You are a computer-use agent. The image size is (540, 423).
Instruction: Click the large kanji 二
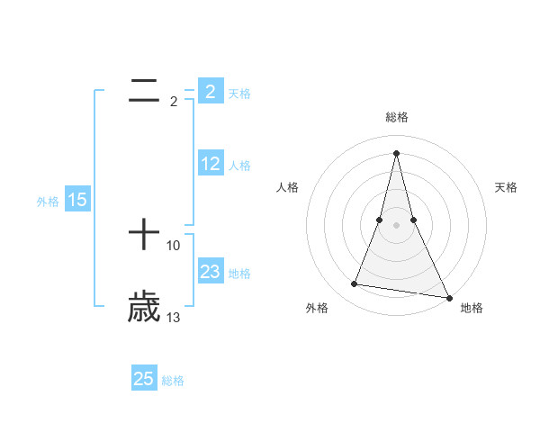pos(144,90)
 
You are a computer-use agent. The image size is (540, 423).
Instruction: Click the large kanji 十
pos(144,237)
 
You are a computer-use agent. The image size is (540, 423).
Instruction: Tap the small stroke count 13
pos(174,317)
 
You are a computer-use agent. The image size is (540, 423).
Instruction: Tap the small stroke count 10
pos(174,245)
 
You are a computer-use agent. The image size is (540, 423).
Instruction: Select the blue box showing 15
pos(77,200)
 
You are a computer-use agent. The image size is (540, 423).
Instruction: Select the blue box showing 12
pos(211,164)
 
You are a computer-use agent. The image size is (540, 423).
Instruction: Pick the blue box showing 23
pos(211,272)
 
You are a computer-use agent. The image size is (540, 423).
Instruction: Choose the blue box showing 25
pos(144,379)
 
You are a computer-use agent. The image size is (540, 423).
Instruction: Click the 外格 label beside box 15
pos(48,202)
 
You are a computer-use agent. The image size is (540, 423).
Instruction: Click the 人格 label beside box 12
pos(240,166)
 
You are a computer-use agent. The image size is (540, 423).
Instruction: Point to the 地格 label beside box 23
pos(240,274)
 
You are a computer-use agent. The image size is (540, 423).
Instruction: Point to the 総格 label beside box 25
pos(173,381)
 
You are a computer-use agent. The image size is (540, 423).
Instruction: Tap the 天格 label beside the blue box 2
pos(239,94)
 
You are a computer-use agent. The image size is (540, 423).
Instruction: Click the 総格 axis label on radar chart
pos(397,117)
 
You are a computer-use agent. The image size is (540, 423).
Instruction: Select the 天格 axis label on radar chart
pos(507,187)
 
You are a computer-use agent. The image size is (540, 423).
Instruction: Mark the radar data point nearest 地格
pos(449,297)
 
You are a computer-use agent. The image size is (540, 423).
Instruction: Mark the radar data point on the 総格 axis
pos(397,152)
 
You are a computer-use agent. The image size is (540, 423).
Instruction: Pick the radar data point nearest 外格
pos(355,284)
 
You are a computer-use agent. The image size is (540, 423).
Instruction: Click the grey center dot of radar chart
pos(397,225)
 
